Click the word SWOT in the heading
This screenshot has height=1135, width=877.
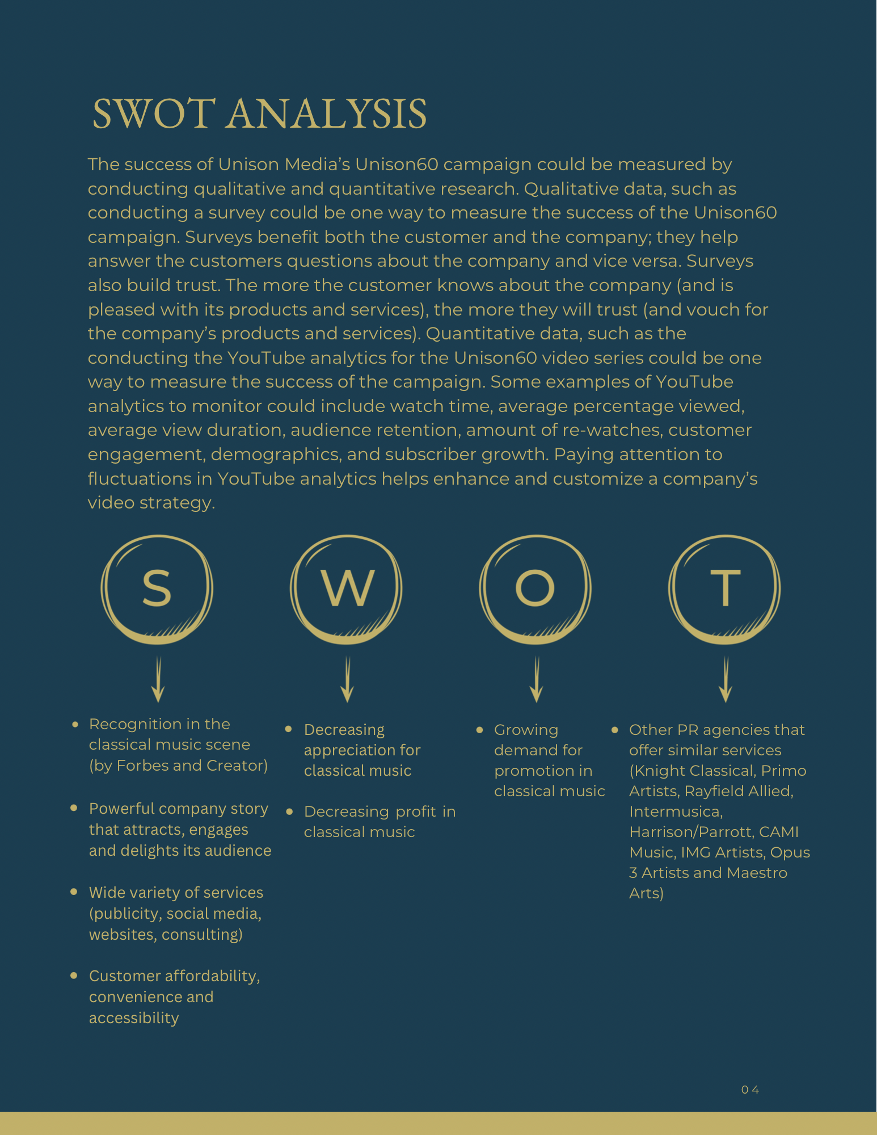[x=154, y=113]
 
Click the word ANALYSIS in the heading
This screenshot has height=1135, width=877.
[x=327, y=113]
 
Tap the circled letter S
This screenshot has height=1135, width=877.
[x=157, y=588]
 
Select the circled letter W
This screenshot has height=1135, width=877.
[x=347, y=588]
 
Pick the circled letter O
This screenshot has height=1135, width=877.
[x=535, y=588]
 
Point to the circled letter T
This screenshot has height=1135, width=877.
[x=725, y=588]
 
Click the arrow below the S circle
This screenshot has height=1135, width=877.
[x=158, y=680]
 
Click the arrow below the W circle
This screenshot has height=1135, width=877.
[x=347, y=680]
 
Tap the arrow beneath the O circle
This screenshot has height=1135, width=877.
[x=536, y=680]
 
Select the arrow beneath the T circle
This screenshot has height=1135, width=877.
[x=726, y=680]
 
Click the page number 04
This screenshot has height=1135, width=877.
[x=750, y=1090]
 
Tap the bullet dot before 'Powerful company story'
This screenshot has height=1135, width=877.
[x=74, y=808]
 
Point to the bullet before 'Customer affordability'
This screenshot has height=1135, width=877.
[x=74, y=975]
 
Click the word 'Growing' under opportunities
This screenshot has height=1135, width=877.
[x=526, y=730]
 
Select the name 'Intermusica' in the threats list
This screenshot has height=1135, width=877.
[x=675, y=812]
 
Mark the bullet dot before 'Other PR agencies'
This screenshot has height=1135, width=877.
[x=614, y=729]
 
